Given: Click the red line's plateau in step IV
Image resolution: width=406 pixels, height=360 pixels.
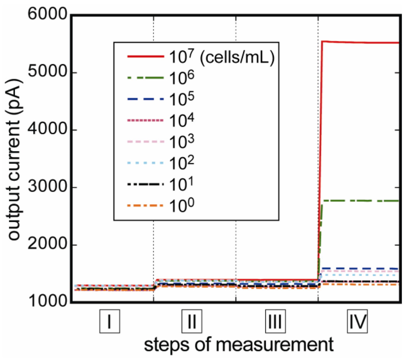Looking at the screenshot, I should [x=360, y=42].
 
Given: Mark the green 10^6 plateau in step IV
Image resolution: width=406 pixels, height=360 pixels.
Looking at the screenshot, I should [x=360, y=201].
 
